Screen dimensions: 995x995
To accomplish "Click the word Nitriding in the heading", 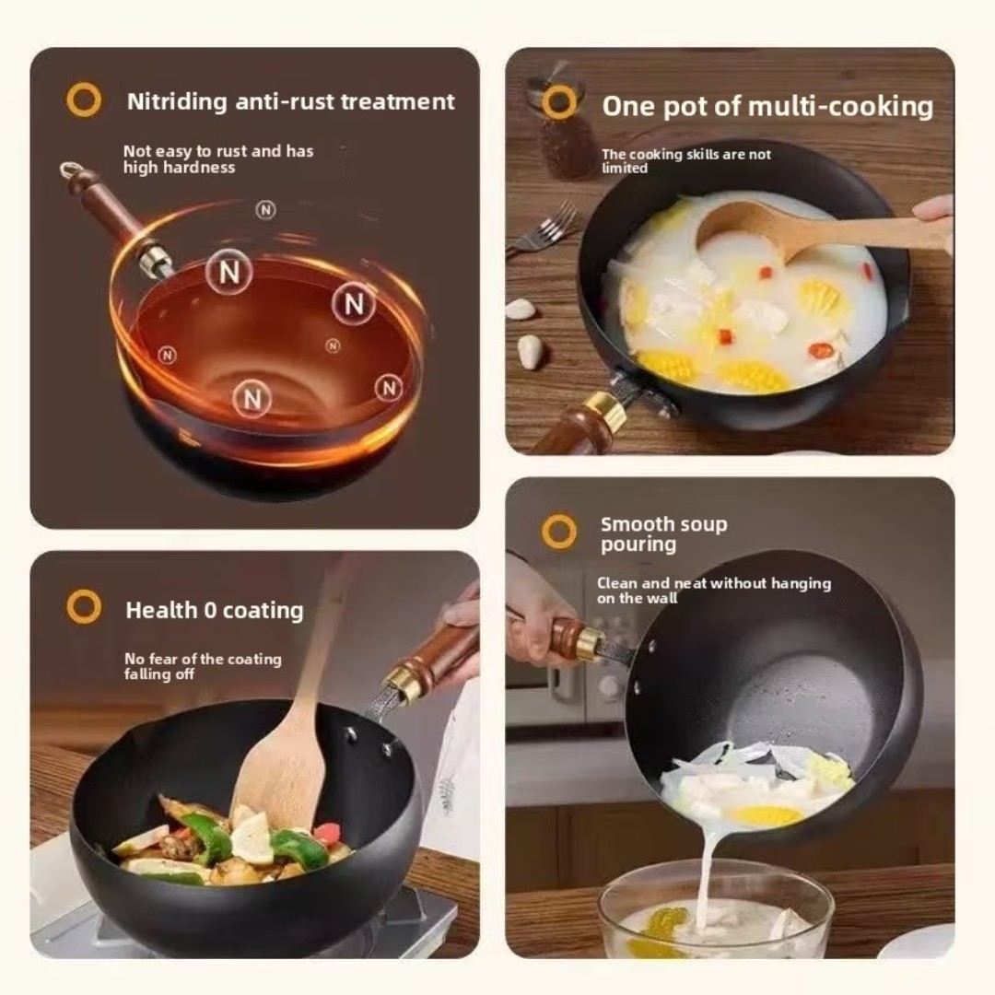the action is [176, 102].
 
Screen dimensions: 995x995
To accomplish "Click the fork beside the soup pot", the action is [544, 229].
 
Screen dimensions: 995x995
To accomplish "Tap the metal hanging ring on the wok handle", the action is [70, 170].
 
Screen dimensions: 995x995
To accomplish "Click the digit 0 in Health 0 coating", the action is [210, 611].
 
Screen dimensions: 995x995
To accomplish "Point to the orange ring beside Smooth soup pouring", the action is [559, 531].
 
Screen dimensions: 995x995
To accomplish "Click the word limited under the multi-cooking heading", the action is [625, 169].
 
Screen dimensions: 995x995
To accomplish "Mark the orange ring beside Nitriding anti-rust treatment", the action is [84, 99].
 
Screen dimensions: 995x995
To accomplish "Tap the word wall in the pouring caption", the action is [661, 598].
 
